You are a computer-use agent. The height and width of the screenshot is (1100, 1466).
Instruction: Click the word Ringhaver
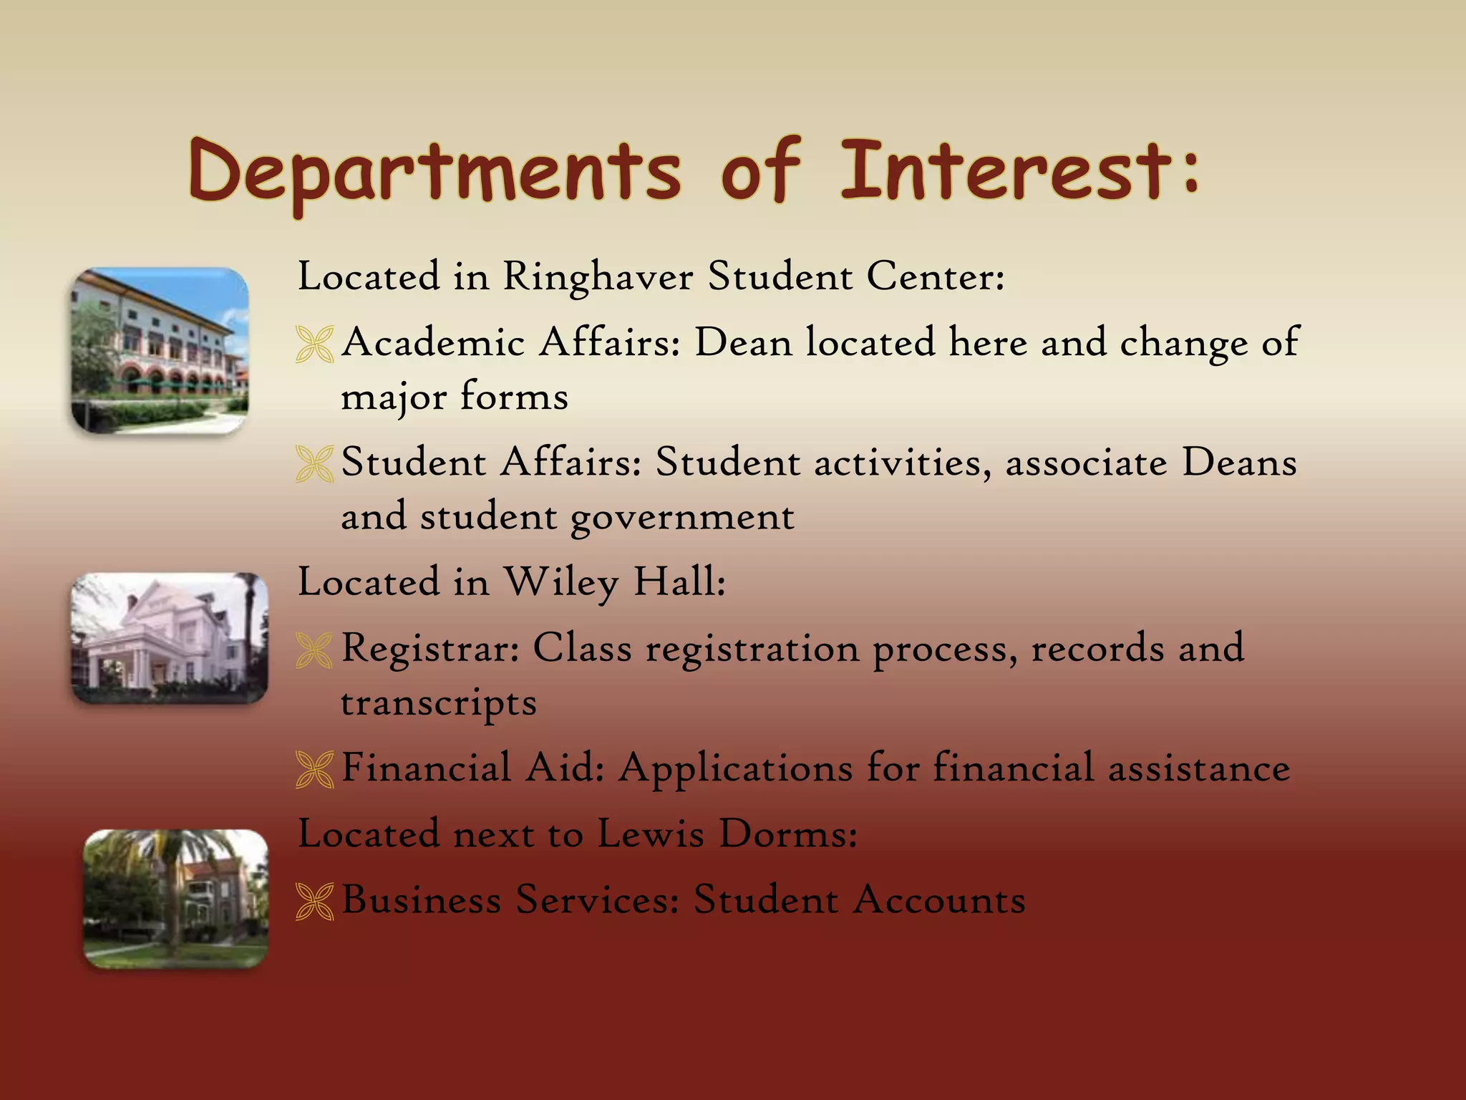coord(598,276)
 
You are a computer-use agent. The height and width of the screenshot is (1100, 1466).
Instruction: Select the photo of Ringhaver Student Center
coord(160,350)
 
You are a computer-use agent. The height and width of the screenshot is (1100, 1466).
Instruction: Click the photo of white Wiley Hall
coord(170,637)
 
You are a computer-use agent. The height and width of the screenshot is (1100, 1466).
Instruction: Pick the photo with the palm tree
coord(175,899)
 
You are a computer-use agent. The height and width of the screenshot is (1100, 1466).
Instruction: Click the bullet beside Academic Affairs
coord(314,344)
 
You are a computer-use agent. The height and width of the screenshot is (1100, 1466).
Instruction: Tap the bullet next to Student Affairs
coord(314,464)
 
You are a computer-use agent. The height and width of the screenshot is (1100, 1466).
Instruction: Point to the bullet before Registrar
coord(314,650)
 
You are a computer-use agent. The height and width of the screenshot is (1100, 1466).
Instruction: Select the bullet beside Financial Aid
coord(314,770)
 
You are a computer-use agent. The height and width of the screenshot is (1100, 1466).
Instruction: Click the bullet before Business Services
coord(314,902)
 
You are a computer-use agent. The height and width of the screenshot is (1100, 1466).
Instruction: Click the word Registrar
coord(430,650)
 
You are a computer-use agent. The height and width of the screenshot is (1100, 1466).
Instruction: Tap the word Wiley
coord(561,582)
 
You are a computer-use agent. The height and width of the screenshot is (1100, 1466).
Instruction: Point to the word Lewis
coord(651,834)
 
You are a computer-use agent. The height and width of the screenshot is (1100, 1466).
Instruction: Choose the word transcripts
coord(438,703)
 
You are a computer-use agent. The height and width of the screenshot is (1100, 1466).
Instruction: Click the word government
coord(682,518)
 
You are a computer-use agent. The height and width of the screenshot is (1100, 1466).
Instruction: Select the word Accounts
coord(939,899)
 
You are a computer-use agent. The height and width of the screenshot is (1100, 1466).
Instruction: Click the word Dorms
coord(788,834)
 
